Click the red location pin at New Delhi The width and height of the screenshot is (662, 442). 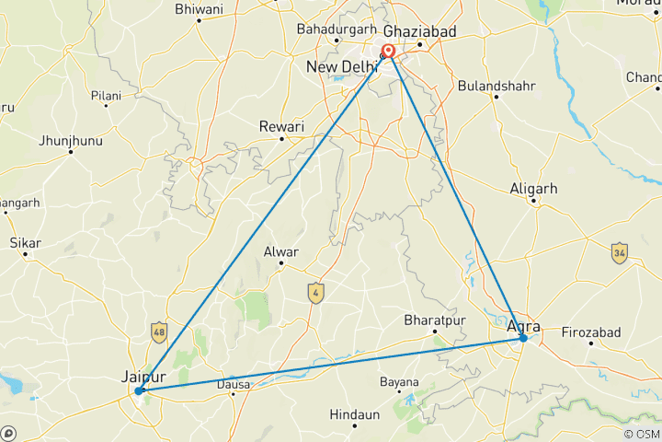tap(389, 52)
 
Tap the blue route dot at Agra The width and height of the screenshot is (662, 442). tap(523, 338)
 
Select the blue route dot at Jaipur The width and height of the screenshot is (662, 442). tap(138, 391)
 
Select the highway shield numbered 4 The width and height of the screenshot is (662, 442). tap(315, 292)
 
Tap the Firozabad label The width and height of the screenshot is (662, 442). tap(593, 331)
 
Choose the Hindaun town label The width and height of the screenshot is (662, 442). tap(355, 415)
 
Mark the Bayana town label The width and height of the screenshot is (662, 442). tap(399, 381)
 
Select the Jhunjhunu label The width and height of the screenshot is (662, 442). tap(69, 140)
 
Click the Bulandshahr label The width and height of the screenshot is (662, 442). tap(496, 86)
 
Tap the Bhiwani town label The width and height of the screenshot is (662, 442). tap(199, 9)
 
